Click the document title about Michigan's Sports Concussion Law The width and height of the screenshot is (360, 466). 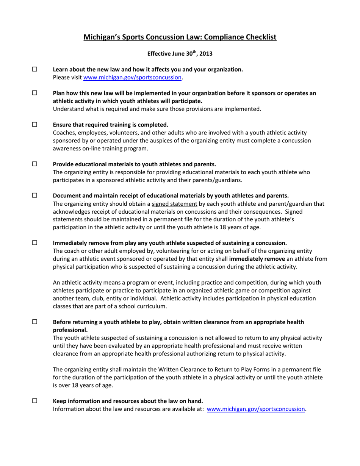(x=180, y=37)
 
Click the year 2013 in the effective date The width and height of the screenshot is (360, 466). (x=206, y=54)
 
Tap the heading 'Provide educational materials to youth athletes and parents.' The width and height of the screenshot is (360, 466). (x=135, y=164)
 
